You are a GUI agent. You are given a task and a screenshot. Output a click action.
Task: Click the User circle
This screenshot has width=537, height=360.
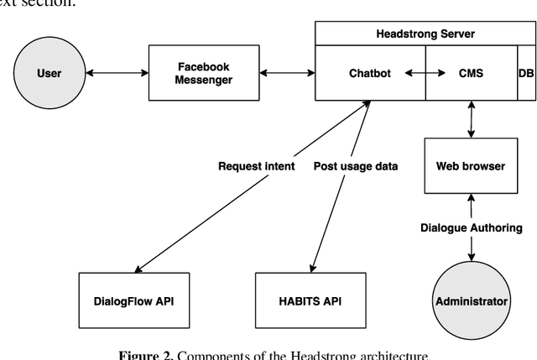pyautogui.click(x=50, y=73)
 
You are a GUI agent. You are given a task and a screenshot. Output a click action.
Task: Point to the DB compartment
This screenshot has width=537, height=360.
pyautogui.click(x=525, y=73)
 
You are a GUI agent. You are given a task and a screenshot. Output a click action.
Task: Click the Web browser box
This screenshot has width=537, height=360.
pyautogui.click(x=472, y=165)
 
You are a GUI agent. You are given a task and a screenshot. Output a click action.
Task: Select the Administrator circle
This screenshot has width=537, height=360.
pyautogui.click(x=471, y=300)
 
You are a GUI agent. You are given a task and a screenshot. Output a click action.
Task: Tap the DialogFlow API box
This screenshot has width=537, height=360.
pyautogui.click(x=129, y=300)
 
